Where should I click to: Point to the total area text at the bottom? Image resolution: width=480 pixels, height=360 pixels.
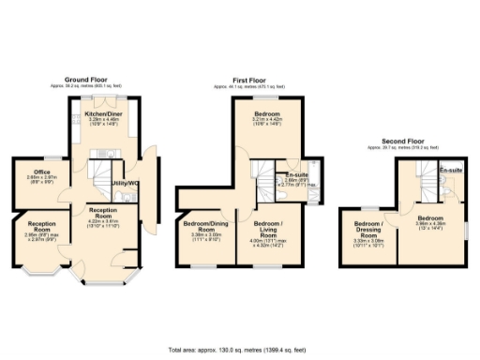(x=239, y=348)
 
